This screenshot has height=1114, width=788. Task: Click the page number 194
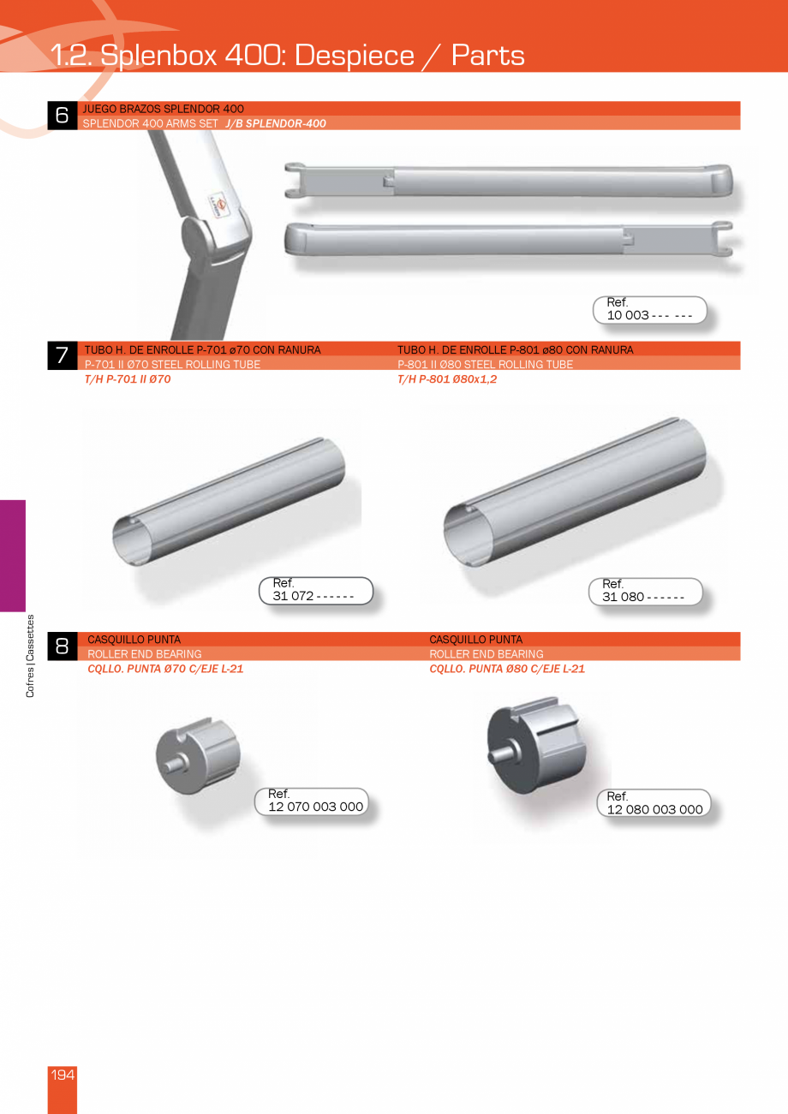pos(63,1075)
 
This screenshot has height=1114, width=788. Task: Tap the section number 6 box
pos(62,116)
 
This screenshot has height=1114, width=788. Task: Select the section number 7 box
pos(62,356)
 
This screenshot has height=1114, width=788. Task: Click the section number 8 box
pos(62,646)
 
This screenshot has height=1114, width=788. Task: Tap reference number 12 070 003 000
pos(315,807)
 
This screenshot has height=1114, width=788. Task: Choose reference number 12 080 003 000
pos(654,809)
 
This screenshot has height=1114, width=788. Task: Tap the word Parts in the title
pos(487,55)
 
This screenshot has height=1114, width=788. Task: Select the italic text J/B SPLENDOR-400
pos(276,123)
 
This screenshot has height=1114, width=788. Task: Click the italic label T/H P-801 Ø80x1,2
pos(447,379)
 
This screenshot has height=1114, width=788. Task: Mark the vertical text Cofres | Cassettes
pos(31,656)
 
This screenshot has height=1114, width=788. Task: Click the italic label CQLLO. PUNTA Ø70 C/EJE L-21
pos(165,669)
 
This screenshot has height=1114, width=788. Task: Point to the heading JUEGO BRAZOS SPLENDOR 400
pos(164,109)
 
